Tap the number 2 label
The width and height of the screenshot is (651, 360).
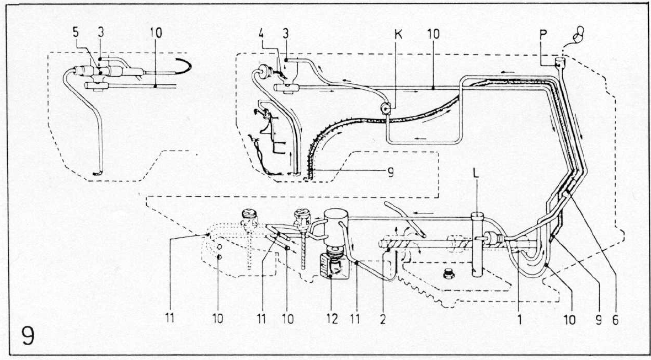click(382, 319)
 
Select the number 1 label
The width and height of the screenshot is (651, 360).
click(520, 319)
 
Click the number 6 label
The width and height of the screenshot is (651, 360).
click(615, 319)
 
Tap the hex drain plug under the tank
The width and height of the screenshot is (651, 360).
click(449, 274)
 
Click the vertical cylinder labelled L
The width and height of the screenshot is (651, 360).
click(477, 244)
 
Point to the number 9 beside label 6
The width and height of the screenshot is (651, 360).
click(598, 319)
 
